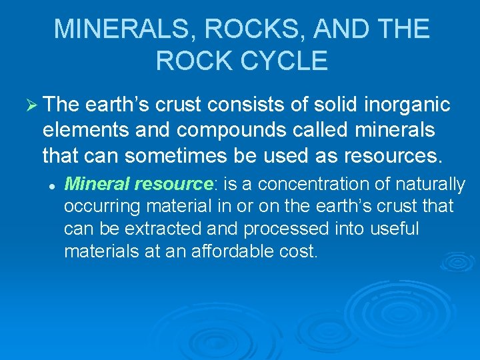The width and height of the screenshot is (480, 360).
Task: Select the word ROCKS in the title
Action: coord(235,29)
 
